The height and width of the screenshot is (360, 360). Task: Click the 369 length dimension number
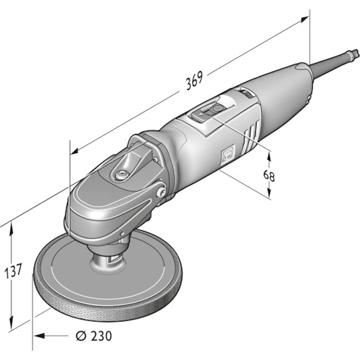[194, 81]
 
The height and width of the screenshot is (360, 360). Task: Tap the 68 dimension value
[269, 176]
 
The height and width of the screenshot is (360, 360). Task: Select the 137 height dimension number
[13, 271]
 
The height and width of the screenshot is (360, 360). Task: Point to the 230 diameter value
[101, 336]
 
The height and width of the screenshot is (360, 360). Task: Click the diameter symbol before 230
[81, 336]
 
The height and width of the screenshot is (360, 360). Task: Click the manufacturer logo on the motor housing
[228, 155]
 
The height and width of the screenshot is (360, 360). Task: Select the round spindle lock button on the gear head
[121, 175]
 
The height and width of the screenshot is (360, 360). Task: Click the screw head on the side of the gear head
[162, 192]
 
